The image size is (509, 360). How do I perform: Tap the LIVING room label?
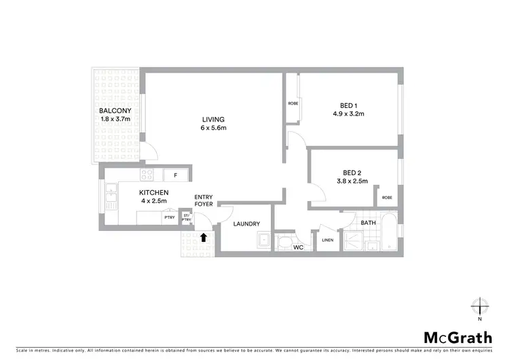(x=212, y=120)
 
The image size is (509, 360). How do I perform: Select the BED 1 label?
(x=353, y=105)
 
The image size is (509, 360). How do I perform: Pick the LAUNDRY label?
(x=246, y=224)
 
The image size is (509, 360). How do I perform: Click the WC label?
(x=297, y=247)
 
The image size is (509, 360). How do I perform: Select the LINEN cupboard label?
(x=326, y=240)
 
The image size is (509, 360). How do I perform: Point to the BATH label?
(x=369, y=222)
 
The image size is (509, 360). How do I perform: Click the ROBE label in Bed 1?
(x=293, y=104)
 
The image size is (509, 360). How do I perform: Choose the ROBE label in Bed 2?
(x=387, y=198)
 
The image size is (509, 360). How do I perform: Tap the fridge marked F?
(x=176, y=175)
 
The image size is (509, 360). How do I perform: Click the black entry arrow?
(x=204, y=237)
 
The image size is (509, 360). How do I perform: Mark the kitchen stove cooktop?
(x=147, y=175)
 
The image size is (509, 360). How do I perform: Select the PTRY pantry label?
(x=169, y=217)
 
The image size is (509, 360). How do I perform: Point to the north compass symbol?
(x=480, y=305)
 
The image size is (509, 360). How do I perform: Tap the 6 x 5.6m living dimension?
(x=212, y=128)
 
